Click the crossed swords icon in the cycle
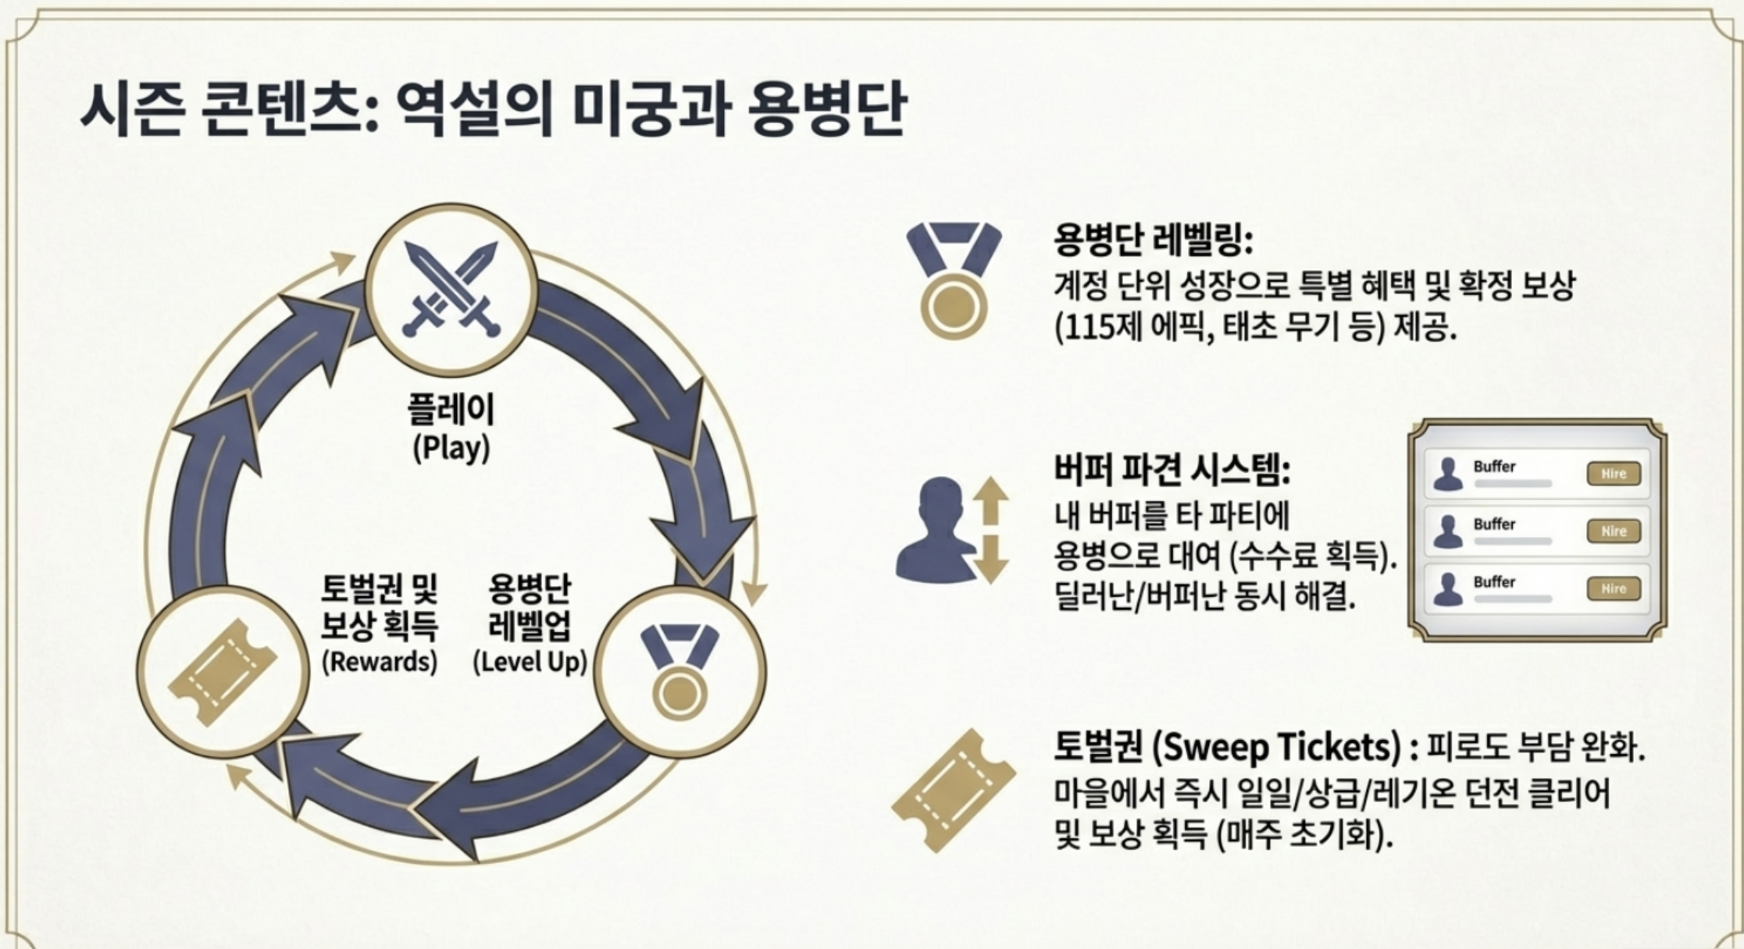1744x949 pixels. [451, 290]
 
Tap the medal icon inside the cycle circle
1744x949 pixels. [679, 671]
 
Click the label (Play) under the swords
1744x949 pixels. [451, 448]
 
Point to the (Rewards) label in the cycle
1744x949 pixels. [380, 662]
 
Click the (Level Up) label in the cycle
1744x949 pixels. [530, 662]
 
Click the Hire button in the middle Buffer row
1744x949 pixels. [1614, 531]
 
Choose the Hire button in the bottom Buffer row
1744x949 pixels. [1614, 589]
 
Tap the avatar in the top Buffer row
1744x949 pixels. [1448, 474]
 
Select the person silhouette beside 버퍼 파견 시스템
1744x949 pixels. [937, 530]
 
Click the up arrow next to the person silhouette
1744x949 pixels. [990, 499]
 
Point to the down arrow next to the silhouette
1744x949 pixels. [990, 560]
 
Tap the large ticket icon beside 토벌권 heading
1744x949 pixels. [954, 791]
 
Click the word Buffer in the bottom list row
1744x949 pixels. [1494, 582]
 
